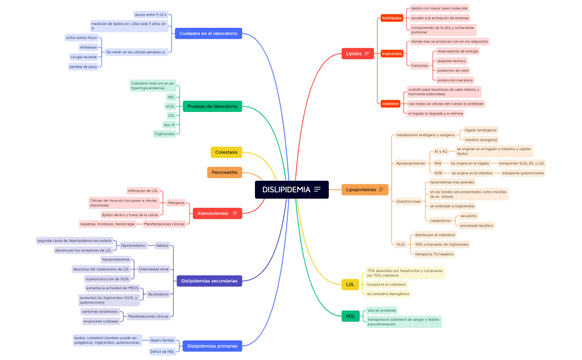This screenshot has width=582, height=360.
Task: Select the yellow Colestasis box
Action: pyautogui.click(x=226, y=152)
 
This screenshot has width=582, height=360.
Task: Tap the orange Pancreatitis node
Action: pyautogui.click(x=224, y=172)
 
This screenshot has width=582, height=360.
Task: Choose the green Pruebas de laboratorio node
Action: pyautogui.click(x=212, y=106)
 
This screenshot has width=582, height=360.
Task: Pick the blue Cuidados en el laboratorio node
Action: pyautogui.click(x=208, y=34)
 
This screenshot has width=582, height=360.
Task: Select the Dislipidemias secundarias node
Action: pyautogui.click(x=209, y=281)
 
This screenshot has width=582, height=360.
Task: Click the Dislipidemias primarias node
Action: pyautogui.click(x=212, y=346)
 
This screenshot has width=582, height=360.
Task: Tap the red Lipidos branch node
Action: pyautogui.click(x=354, y=54)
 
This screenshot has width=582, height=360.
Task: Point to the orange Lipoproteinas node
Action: pyautogui.click(x=361, y=189)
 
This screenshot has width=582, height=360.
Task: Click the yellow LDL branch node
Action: pyautogui.click(x=350, y=285)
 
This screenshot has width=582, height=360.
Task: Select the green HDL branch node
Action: pyautogui.click(x=350, y=316)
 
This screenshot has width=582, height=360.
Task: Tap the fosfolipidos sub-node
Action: pyautogui.click(x=392, y=18)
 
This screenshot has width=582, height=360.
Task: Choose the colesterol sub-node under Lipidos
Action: pyautogui.click(x=390, y=104)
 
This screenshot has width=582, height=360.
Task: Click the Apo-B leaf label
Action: pyautogui.click(x=169, y=125)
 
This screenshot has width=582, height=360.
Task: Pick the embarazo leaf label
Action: pyautogui.click(x=88, y=47)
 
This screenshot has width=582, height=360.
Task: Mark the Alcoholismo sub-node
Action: pyautogui.click(x=158, y=294)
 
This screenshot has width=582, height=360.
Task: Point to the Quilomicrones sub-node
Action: pyautogui.click(x=409, y=201)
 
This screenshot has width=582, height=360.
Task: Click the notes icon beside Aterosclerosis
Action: pyautogui.click(x=235, y=213)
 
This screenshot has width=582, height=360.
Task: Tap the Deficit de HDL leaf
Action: pyautogui.click(x=162, y=351)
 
